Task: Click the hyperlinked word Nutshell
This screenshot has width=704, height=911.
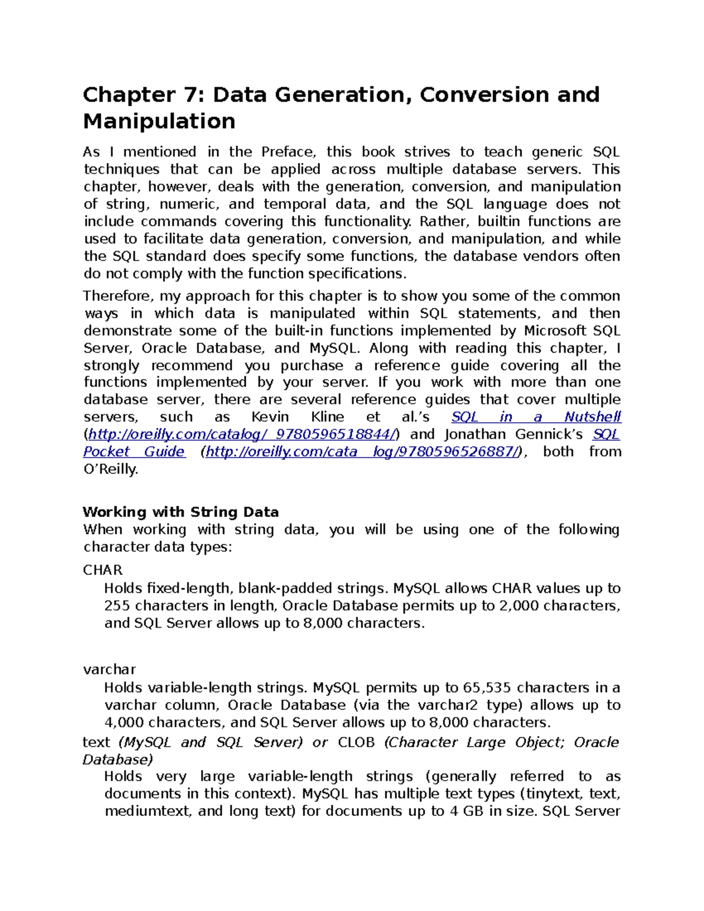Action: [x=592, y=417]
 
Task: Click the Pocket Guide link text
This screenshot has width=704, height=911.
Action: [x=134, y=452]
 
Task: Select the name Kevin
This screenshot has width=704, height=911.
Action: [x=270, y=417]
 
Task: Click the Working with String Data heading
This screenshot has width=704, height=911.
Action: [x=181, y=512]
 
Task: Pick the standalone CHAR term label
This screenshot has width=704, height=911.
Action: [x=103, y=570]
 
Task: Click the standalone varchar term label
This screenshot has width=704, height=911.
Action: [x=110, y=669]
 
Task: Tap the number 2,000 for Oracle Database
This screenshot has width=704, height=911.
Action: [x=519, y=606]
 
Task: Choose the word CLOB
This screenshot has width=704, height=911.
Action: [x=356, y=743]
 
